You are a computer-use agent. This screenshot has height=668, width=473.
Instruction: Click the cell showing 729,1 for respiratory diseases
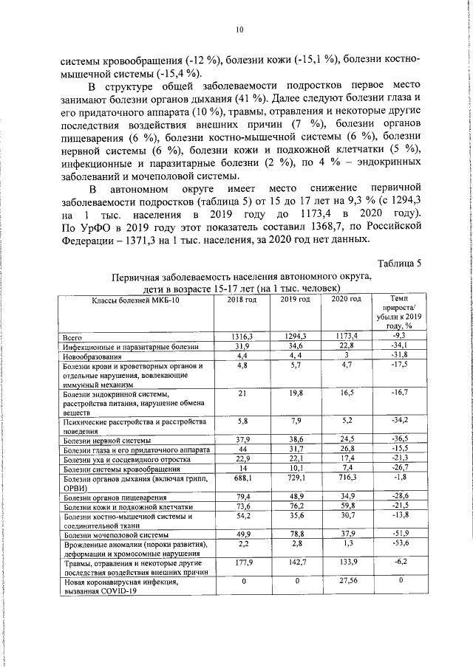tap(294, 480)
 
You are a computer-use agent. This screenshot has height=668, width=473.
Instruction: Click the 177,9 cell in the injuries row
tap(241, 562)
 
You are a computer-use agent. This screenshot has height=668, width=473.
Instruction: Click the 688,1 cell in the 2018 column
tap(241, 480)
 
